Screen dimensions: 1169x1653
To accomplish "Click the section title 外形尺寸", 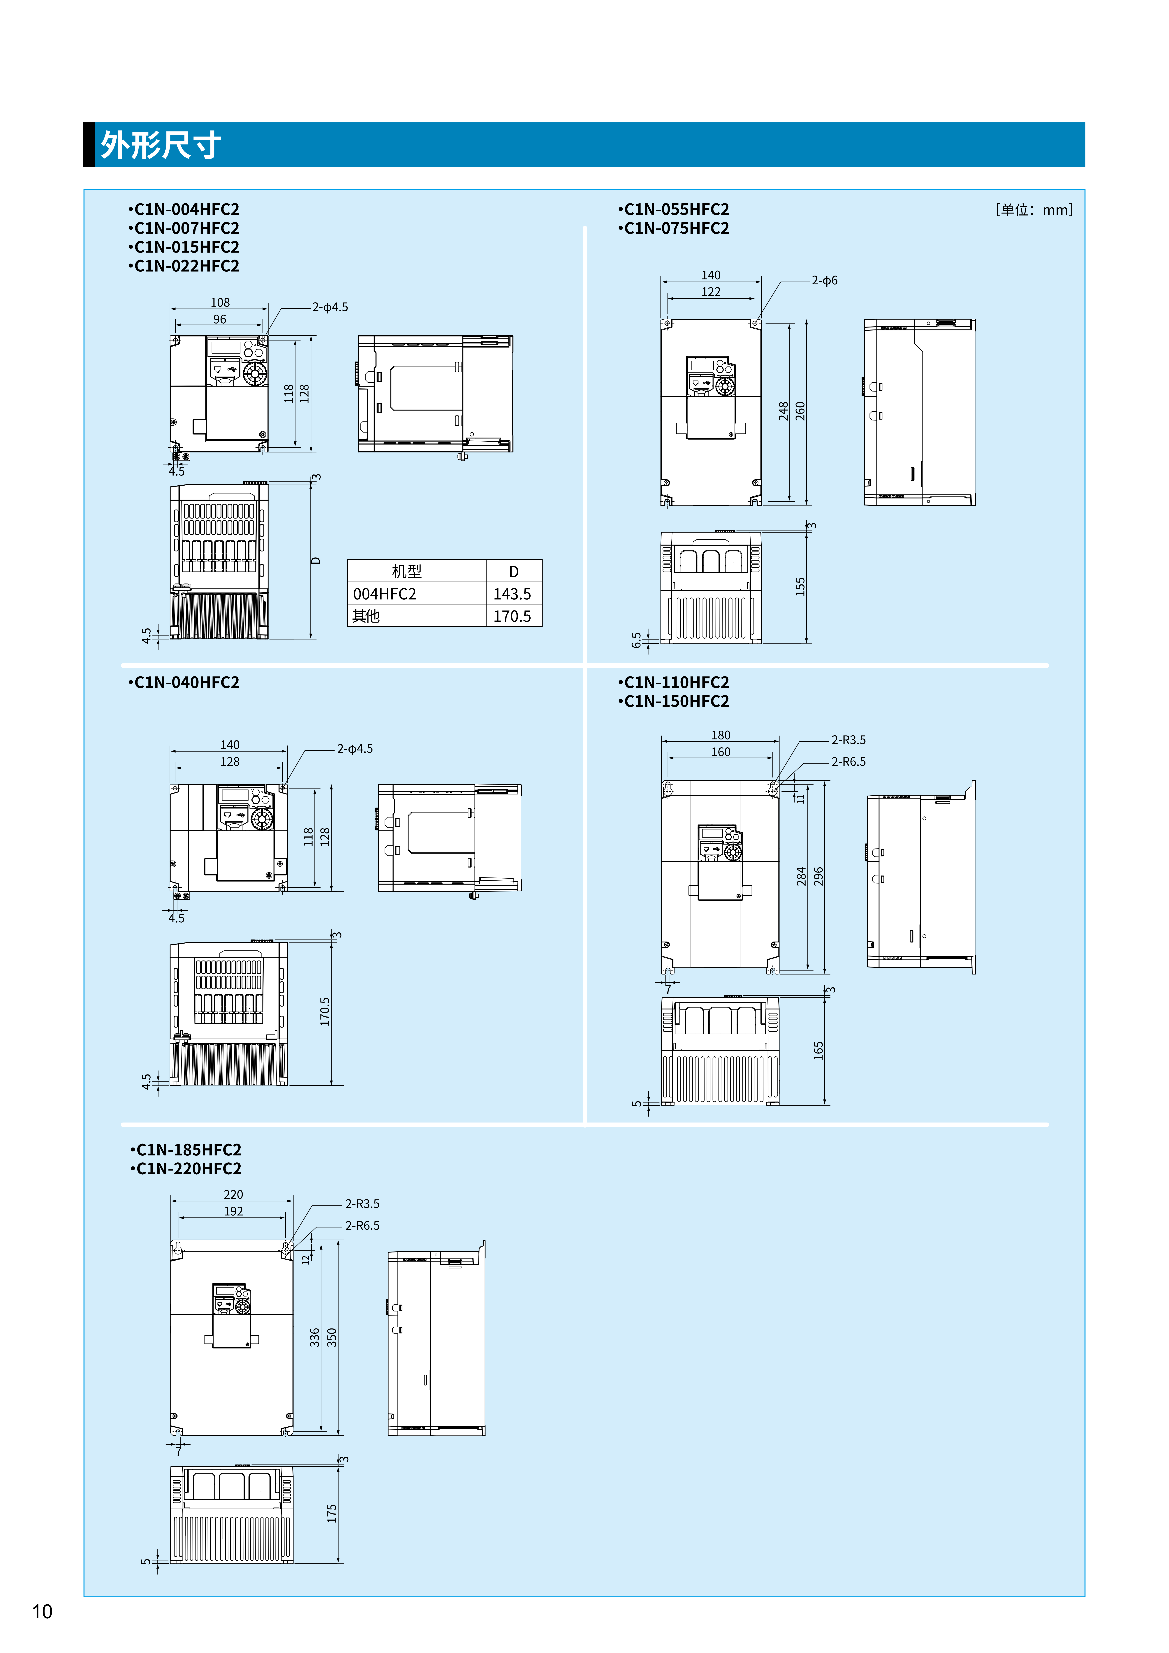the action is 161,145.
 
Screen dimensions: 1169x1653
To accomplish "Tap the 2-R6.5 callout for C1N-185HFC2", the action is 362,1225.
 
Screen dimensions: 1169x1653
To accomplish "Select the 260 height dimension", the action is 800,411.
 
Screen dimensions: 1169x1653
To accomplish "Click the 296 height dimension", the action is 818,876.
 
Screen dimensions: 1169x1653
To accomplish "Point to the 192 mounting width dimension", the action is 233,1211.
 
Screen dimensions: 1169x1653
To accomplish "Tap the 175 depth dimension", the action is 332,1513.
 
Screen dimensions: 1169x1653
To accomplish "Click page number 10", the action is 43,1611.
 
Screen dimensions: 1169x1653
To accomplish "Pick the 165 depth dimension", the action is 818,1050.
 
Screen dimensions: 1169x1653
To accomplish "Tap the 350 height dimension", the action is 332,1337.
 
